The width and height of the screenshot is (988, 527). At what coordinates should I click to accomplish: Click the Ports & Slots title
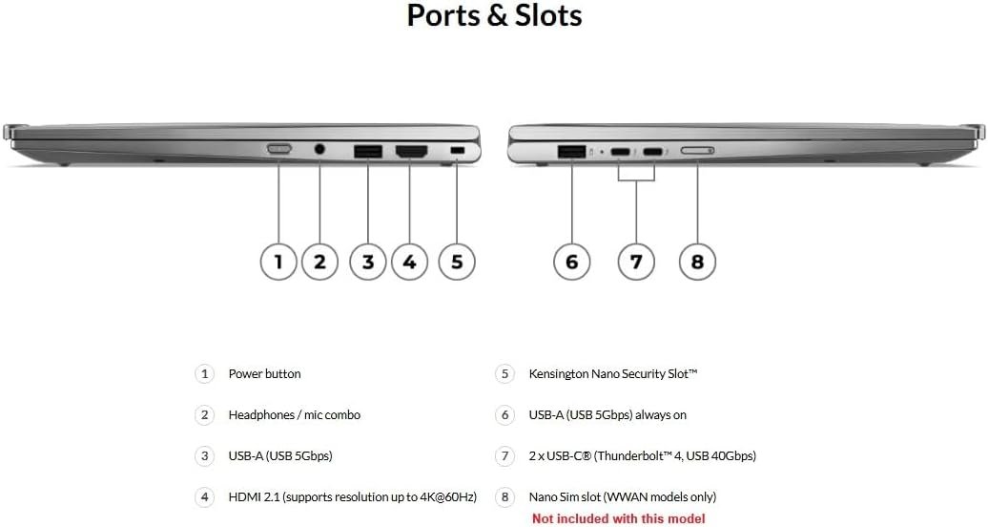click(494, 16)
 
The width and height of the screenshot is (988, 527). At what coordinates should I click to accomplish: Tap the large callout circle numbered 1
click(278, 261)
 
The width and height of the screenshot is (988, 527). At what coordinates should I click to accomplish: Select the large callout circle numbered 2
click(319, 261)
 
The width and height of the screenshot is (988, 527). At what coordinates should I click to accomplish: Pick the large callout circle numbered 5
click(457, 261)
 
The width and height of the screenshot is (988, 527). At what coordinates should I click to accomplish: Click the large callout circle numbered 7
click(636, 261)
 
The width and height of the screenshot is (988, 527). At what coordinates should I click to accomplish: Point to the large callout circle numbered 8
click(697, 261)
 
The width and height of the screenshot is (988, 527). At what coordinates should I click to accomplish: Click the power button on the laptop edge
click(278, 149)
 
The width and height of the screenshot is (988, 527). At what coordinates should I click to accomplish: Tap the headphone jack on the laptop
click(319, 149)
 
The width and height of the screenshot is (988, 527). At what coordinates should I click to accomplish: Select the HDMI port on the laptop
click(411, 151)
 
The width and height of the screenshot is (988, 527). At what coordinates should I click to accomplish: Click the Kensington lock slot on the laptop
click(457, 151)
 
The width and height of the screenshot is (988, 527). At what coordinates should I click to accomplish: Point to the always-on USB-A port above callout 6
click(571, 151)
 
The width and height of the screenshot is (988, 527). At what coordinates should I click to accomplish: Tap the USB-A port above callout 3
click(367, 151)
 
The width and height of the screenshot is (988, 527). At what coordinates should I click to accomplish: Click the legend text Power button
click(264, 374)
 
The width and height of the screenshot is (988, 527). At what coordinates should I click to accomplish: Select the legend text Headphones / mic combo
click(294, 415)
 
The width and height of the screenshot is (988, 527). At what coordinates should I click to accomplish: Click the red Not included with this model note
click(618, 518)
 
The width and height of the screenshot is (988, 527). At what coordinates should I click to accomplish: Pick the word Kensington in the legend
click(559, 374)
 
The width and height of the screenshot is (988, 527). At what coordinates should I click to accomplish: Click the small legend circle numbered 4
click(204, 497)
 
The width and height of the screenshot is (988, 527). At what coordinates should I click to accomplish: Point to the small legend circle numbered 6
click(504, 415)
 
